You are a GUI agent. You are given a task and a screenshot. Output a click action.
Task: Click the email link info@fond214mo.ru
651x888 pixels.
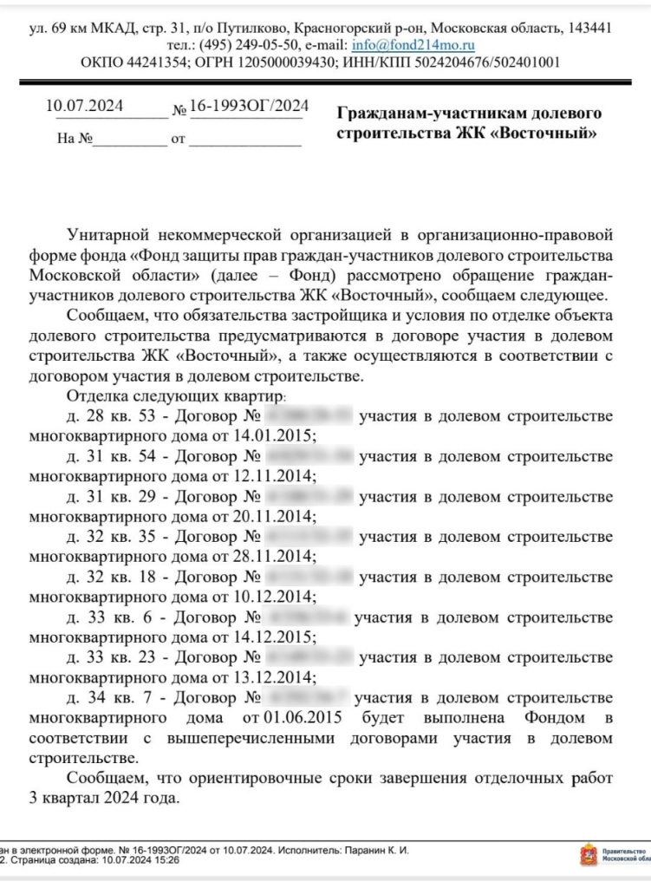(x=413, y=45)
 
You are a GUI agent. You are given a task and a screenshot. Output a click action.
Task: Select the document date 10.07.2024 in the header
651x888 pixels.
(x=84, y=107)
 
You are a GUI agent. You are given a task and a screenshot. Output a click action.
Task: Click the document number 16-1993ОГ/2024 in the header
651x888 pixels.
(x=250, y=107)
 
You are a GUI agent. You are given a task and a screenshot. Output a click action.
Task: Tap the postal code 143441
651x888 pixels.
(x=589, y=28)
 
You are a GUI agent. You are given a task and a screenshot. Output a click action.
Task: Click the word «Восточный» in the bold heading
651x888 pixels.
(x=548, y=134)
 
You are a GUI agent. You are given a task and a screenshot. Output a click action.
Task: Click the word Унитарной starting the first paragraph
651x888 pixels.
(x=107, y=235)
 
